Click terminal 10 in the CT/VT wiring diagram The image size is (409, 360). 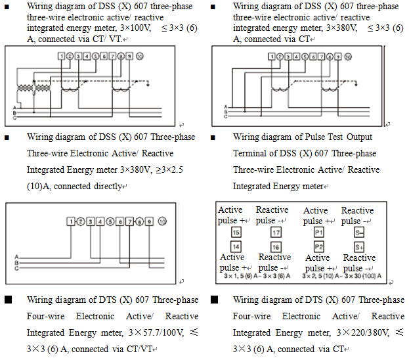tap(139, 56)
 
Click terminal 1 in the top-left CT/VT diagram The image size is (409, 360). tap(61, 56)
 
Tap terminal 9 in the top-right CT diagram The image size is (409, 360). tap(337, 56)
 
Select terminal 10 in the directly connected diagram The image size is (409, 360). tap(161, 221)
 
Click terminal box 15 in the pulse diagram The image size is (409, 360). tap(236, 233)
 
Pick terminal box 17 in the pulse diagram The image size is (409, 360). tap(276, 233)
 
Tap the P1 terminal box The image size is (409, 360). tap(318, 233)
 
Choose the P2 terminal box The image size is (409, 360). tap(318, 246)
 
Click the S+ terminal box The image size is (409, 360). tap(358, 246)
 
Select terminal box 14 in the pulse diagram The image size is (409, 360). tap(236, 246)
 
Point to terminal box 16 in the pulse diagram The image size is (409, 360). tap(276, 246)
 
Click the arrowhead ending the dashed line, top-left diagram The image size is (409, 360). tap(149, 84)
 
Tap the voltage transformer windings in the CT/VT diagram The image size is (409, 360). tap(26, 89)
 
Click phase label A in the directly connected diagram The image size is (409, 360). tap(15, 257)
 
